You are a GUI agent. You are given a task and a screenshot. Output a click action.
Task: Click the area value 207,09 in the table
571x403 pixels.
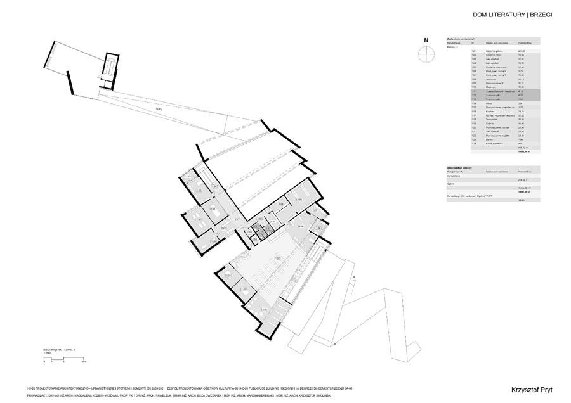(522, 51)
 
